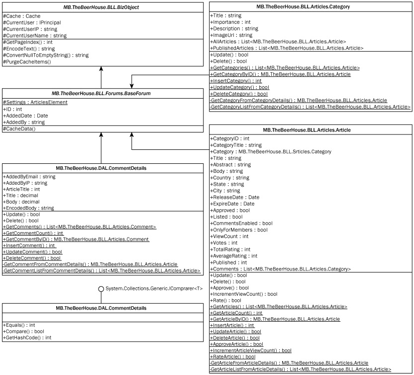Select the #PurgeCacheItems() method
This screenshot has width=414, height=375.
[27, 62]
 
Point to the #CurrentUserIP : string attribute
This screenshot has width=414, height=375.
[30, 29]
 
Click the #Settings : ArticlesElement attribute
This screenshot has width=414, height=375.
[35, 102]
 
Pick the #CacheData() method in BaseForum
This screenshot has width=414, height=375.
[19, 129]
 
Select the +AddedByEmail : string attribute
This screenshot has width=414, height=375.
[29, 176]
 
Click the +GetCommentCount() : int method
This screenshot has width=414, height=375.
[33, 233]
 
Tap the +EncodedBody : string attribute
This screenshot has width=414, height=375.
[28, 208]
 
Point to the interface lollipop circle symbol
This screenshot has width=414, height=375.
[101, 289]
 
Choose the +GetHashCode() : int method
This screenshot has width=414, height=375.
[27, 338]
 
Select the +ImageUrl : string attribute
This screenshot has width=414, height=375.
[231, 35]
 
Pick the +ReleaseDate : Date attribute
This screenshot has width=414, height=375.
[234, 197]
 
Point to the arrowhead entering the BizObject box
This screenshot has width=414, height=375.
[101, 73]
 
